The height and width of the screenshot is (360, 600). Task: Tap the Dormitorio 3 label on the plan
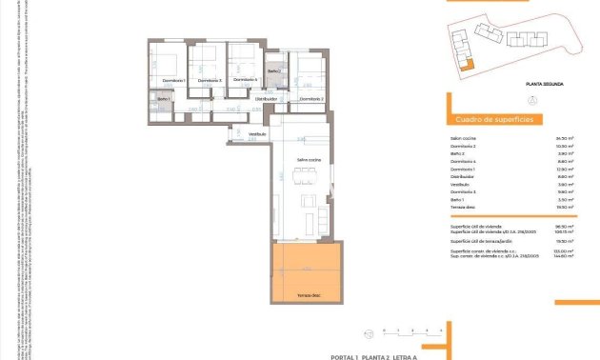(x=210, y=81)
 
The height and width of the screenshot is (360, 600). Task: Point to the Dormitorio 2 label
(x=311, y=99)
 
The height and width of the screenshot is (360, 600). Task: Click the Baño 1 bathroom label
(x=163, y=100)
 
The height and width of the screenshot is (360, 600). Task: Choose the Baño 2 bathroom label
(x=274, y=72)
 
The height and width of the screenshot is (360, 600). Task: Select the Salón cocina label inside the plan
(x=308, y=160)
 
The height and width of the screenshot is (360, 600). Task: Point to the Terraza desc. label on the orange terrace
(x=308, y=296)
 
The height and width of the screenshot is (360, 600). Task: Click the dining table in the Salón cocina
(x=306, y=173)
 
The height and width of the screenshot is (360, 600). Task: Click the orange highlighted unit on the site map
(x=466, y=65)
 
